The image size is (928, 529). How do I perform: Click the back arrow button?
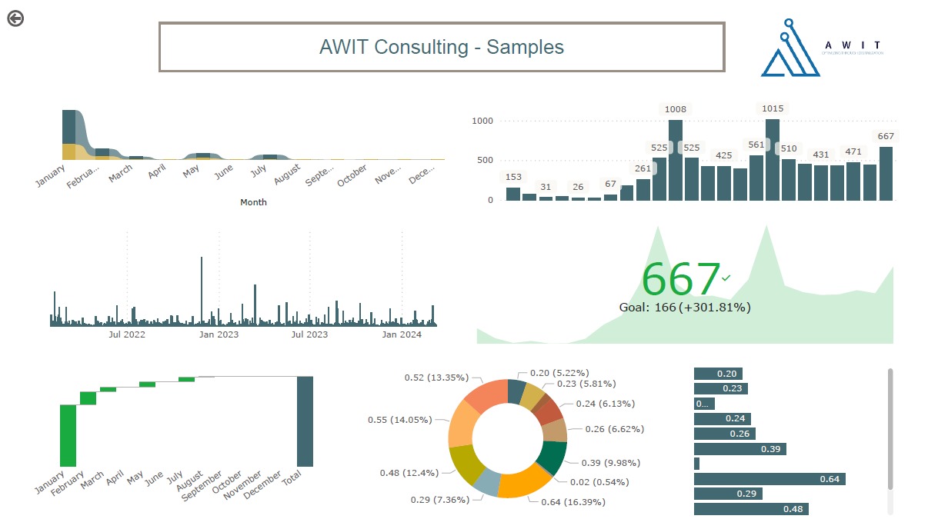pos(15,18)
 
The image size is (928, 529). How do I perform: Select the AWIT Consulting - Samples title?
pos(442,47)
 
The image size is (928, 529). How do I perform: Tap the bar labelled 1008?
pos(676,160)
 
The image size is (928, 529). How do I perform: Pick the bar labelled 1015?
pos(773,159)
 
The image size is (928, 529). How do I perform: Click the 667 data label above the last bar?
pos(886,136)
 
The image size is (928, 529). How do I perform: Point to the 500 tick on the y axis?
pos(482,160)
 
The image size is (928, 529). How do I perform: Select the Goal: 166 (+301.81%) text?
pos(685,308)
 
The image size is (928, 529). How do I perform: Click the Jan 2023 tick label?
pos(219,334)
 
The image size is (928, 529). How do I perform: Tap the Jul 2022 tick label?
pos(127,334)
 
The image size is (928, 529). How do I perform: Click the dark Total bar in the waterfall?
pos(305,421)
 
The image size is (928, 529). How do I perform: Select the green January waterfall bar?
pos(68,435)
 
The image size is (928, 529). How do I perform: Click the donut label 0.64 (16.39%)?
pos(567,502)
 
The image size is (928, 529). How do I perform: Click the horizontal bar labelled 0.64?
pos(769,479)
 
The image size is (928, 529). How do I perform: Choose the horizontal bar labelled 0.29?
pos(728,494)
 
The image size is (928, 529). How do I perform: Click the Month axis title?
pos(253,202)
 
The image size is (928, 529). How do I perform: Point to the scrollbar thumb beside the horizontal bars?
pos(890,428)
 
